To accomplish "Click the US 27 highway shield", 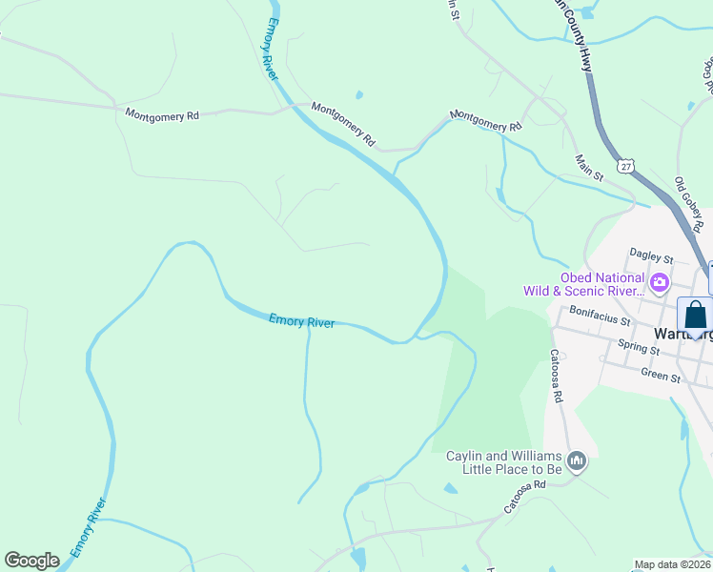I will click(624, 165).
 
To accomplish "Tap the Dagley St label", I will click(652, 257).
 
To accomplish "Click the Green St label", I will click(661, 376).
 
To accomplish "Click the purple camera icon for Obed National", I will click(659, 282).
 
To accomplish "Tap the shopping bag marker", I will click(695, 315).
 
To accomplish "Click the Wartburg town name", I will click(682, 335).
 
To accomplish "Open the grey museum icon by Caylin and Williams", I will click(576, 462).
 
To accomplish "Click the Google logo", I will click(31, 561).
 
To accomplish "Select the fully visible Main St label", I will click(589, 169).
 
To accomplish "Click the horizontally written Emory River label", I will click(301, 321).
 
